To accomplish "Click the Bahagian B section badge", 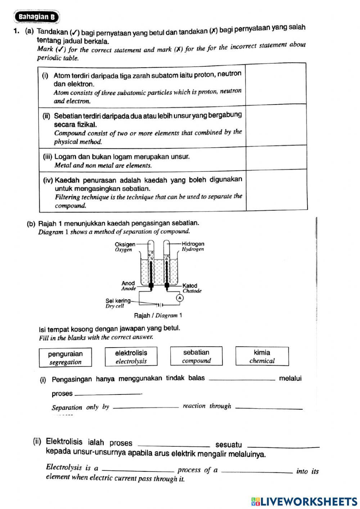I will (x=37, y=17).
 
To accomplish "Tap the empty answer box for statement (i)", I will (x=276, y=84).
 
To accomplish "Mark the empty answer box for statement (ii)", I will (x=276, y=125).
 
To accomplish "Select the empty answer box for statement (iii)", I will (x=276, y=158).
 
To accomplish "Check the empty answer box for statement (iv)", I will (x=276, y=190).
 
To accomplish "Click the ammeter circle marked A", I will (x=179, y=298).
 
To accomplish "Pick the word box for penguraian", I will (x=65, y=357).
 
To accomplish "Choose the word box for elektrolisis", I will (x=131, y=357).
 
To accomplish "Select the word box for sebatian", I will (x=196, y=356).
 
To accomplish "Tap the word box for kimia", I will (x=262, y=356).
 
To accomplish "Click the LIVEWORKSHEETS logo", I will (x=304, y=501).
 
